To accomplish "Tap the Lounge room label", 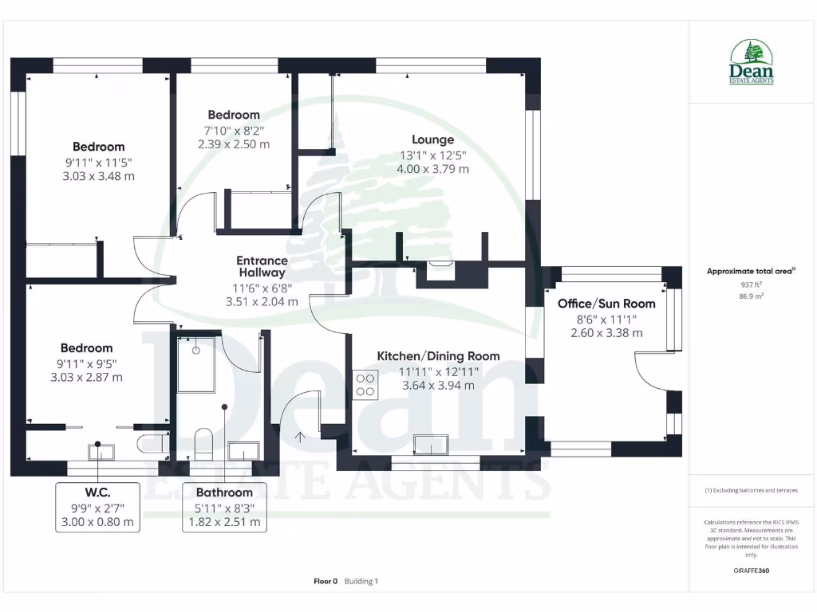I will (x=433, y=139).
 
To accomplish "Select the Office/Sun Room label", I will (x=606, y=304).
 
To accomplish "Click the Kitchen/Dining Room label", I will (x=438, y=356).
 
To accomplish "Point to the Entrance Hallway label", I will (x=262, y=266).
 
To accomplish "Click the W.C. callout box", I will (x=98, y=507).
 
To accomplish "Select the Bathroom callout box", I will (x=224, y=507).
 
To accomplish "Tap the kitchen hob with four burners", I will (x=365, y=385).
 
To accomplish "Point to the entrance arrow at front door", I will (x=301, y=436).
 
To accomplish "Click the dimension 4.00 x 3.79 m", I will (x=433, y=169).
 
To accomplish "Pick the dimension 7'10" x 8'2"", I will (x=234, y=130).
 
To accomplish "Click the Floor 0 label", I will (x=326, y=582).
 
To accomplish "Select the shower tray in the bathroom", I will (x=196, y=365).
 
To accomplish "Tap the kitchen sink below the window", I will (x=430, y=444).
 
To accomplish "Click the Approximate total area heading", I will (x=750, y=272).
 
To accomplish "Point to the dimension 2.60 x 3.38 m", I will (x=606, y=333).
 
